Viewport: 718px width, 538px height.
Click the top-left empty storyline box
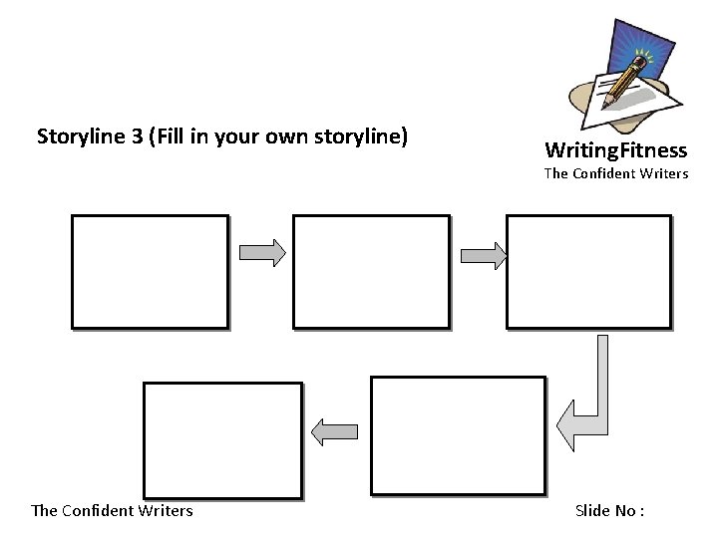coord(150,270)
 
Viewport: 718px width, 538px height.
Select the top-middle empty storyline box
coord(371,270)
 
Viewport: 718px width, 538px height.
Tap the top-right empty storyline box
coord(588,270)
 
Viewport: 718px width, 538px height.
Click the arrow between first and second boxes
coord(262,253)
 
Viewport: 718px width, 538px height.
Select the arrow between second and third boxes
coord(484,256)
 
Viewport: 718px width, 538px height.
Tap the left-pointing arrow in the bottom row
coord(334,430)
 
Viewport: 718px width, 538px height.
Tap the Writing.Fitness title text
coord(615,151)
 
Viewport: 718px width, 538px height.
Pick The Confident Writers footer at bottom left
coord(112,511)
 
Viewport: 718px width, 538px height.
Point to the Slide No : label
coord(609,511)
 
